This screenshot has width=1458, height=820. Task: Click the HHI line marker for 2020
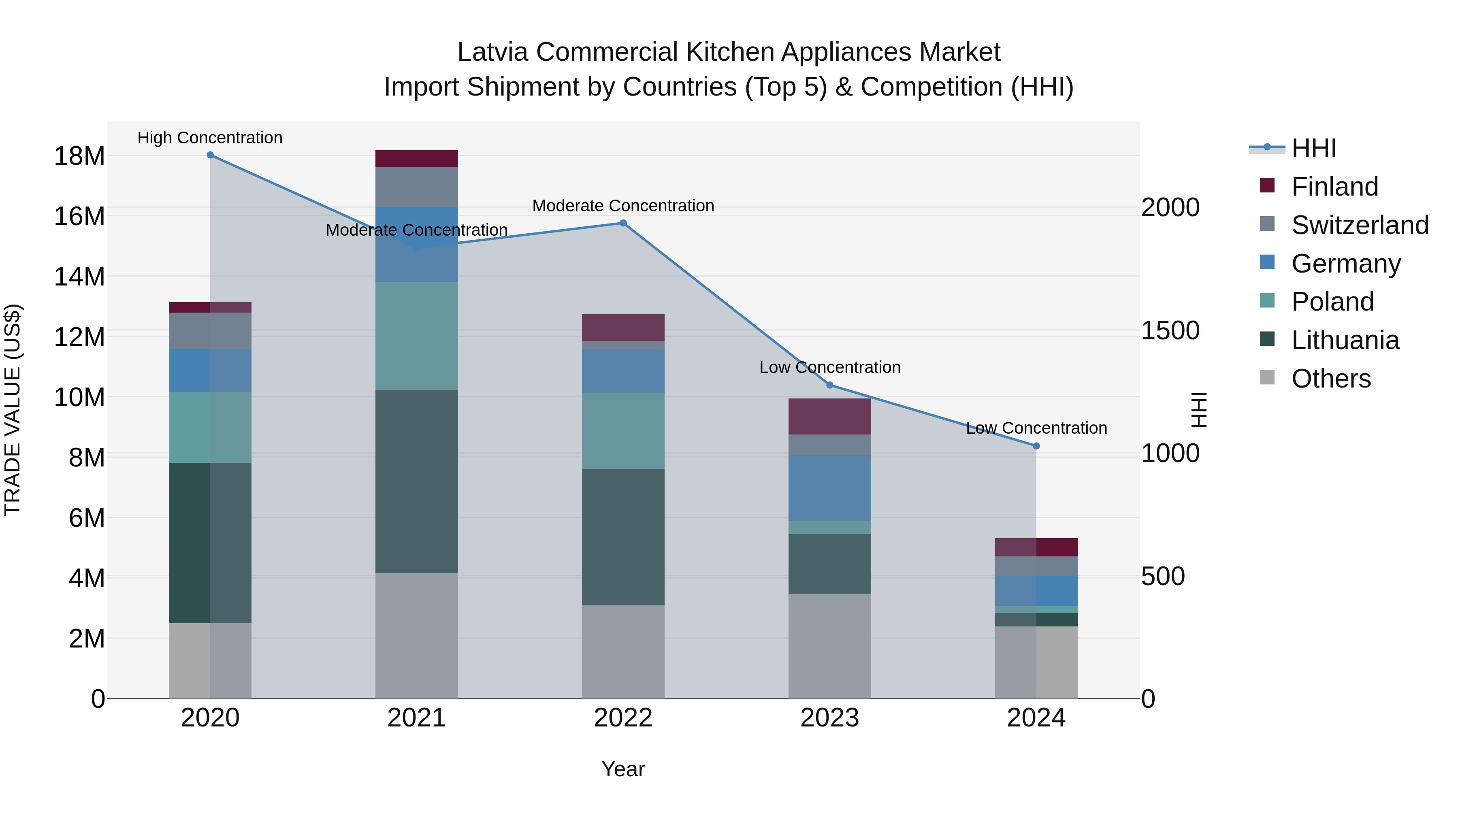(x=210, y=155)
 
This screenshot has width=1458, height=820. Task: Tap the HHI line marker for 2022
(x=623, y=223)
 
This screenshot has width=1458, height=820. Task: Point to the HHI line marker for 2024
(x=1036, y=446)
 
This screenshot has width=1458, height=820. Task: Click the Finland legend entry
(x=1334, y=187)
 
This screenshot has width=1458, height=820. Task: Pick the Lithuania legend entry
(x=1344, y=340)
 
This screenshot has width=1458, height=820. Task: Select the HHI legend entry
(x=1313, y=148)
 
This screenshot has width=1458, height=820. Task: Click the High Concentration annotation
(x=210, y=138)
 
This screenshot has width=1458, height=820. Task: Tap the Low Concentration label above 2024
(x=1036, y=428)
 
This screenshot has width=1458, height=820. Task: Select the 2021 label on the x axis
(x=417, y=718)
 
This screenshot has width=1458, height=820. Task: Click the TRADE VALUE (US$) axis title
(x=13, y=410)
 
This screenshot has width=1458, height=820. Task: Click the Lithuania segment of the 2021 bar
(x=417, y=481)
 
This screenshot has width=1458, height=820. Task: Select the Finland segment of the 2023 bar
(x=830, y=417)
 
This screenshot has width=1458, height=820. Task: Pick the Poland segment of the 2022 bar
(x=623, y=431)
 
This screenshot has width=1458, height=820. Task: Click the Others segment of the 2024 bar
(x=1036, y=662)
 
